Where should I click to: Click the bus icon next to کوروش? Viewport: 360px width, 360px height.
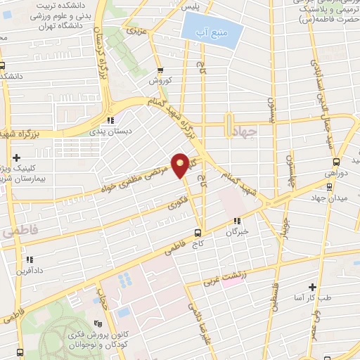coord(161,70)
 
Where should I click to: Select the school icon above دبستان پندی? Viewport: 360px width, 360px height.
coord(111,120)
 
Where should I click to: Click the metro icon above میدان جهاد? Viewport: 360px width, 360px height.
coord(329,186)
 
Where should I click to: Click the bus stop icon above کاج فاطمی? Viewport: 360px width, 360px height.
coord(198,233)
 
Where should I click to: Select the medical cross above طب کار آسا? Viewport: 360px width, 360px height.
coord(312,287)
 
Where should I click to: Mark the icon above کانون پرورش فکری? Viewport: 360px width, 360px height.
coord(98,324)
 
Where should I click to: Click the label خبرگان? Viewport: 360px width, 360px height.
coord(238,232)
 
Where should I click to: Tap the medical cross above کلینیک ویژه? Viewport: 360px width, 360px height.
coord(17,157)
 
